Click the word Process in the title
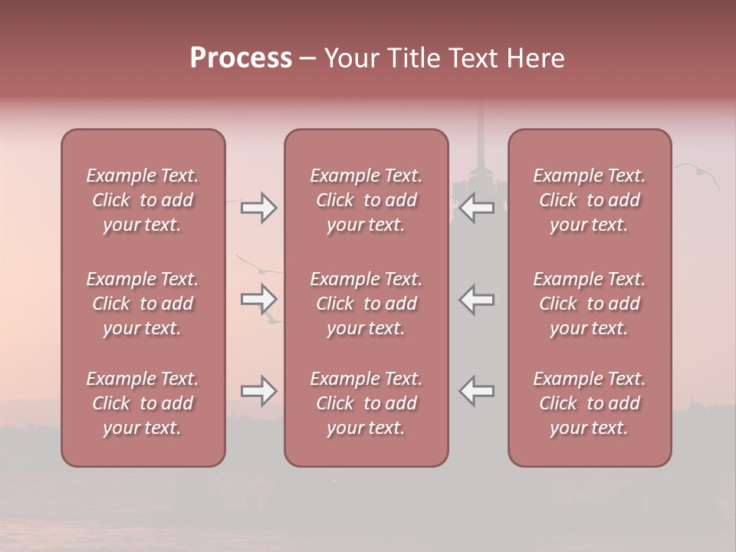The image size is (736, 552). tap(241, 58)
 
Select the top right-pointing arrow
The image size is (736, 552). tap(259, 207)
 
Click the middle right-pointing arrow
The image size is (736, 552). tap(259, 298)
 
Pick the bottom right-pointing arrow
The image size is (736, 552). tap(259, 391)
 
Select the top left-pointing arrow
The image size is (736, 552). tap(476, 207)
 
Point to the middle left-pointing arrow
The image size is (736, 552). tap(476, 298)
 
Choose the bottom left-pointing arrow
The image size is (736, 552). tap(476, 391)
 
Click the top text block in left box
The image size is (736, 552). tap(143, 200)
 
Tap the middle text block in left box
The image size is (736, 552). tap(143, 304)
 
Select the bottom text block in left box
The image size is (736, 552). tap(143, 403)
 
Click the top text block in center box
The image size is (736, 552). tap(366, 200)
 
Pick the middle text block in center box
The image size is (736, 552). tap(366, 304)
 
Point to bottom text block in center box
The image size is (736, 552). tap(366, 403)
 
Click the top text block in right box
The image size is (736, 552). tap(590, 200)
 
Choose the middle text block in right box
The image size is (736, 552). tap(590, 304)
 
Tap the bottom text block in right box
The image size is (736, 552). tap(590, 403)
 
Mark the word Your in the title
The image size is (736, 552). tap(350, 58)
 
